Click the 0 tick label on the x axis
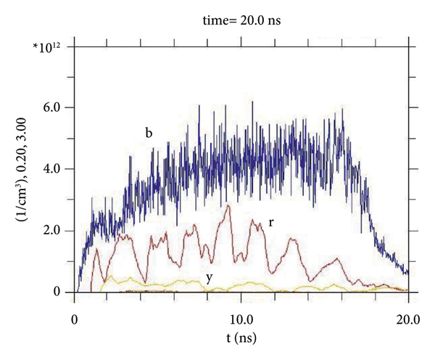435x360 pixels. click(75, 319)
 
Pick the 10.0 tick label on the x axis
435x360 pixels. click(241, 319)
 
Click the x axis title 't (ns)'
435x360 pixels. click(241, 337)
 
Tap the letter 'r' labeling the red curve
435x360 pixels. click(271, 221)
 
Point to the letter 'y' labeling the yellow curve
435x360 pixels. click(210, 277)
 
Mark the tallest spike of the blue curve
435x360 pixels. click(252, 102)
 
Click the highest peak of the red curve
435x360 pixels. click(229, 206)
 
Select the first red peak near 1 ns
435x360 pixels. click(97, 249)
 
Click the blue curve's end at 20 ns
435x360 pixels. click(408, 273)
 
